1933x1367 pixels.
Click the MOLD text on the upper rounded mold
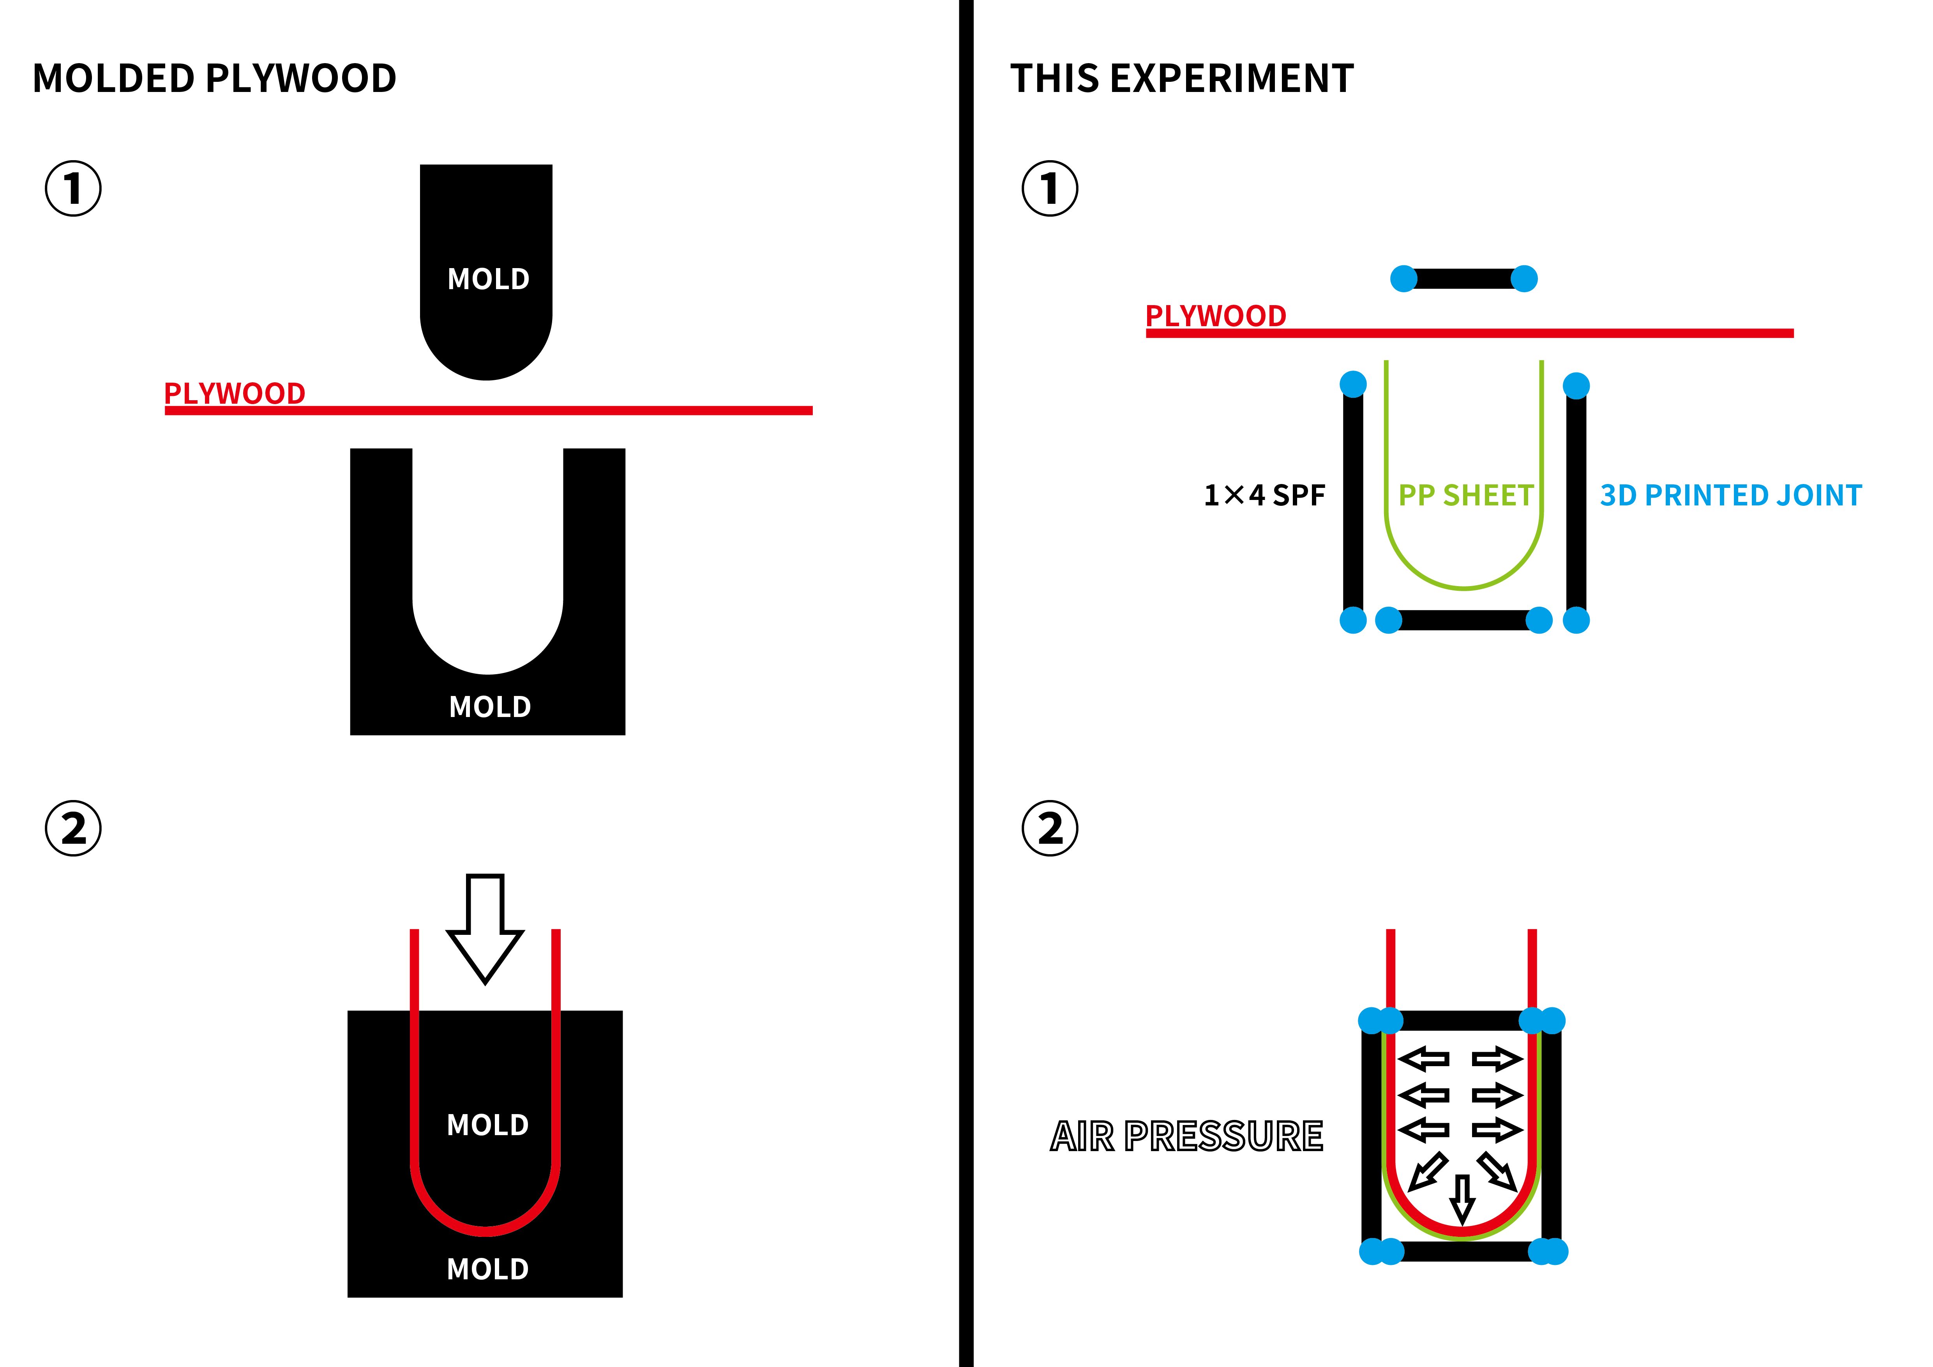click(488, 279)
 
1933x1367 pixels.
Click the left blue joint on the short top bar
click(1403, 279)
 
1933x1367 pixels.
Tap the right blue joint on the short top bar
click(1524, 279)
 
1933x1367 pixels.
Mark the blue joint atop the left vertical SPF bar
click(1353, 384)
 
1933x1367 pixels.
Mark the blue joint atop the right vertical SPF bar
click(1576, 385)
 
